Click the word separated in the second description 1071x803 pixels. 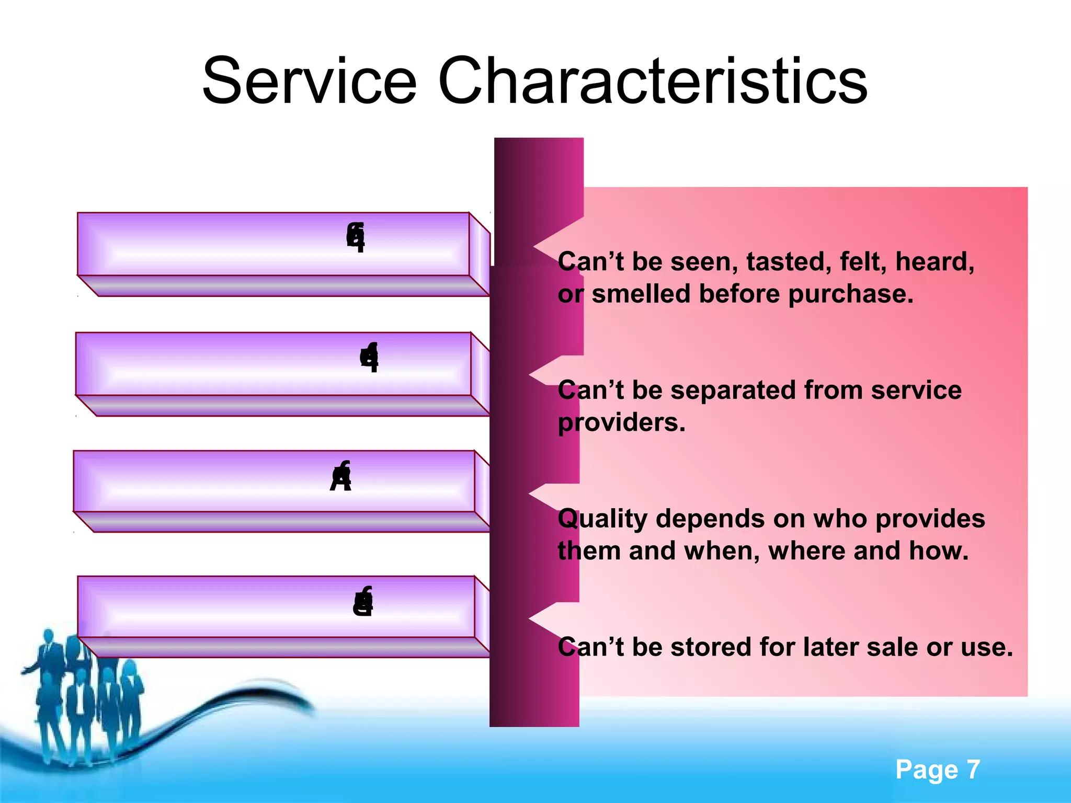pyautogui.click(x=733, y=390)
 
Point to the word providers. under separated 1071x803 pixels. pyautogui.click(x=621, y=422)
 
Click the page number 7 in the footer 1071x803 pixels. pyautogui.click(x=973, y=770)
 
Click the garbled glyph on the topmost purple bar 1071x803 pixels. pyautogui.click(x=356, y=237)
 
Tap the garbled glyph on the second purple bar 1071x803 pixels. pyautogui.click(x=369, y=358)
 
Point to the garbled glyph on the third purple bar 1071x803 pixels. pyautogui.click(x=341, y=477)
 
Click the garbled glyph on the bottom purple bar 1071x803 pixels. pyautogui.click(x=363, y=602)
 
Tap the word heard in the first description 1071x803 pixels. pyautogui.click(x=934, y=261)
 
